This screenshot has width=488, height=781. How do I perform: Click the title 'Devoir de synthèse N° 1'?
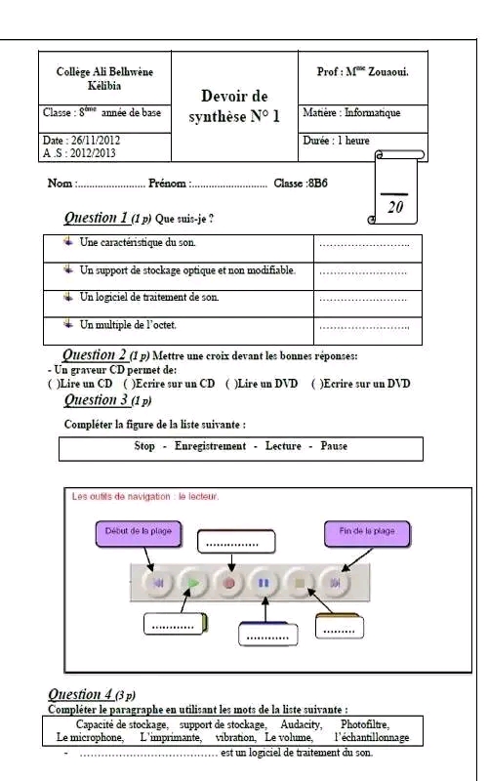[x=234, y=106]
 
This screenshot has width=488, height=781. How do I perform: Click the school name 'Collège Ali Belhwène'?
[x=104, y=71]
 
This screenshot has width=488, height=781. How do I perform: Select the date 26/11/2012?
[x=96, y=140]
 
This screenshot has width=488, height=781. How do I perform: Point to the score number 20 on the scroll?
[x=395, y=207]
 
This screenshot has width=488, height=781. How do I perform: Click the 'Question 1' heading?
[x=97, y=218]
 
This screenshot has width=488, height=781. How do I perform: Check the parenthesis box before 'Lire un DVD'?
[x=230, y=384]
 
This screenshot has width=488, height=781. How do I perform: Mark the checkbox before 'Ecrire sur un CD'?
[x=129, y=384]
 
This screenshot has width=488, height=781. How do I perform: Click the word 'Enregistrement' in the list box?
[x=210, y=446]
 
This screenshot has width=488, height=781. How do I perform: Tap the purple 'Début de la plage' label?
[x=138, y=533]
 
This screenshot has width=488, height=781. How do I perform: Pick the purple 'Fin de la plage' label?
[x=367, y=533]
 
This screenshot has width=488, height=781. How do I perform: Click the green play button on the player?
[x=193, y=582]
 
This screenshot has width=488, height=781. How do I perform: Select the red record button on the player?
[x=229, y=582]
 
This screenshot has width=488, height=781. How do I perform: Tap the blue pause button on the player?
[x=264, y=582]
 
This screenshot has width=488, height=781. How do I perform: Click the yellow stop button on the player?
[x=300, y=582]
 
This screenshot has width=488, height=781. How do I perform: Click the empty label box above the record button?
[x=236, y=542]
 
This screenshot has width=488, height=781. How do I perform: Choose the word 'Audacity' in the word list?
[x=301, y=724]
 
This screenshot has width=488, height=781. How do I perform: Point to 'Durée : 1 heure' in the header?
[x=336, y=141]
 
